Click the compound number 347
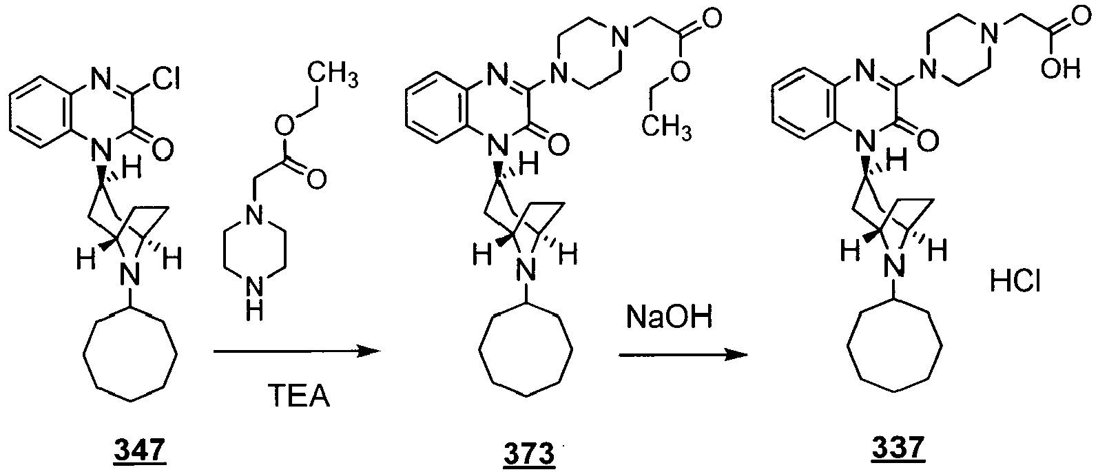click(x=141, y=450)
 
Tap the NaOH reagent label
click(x=669, y=317)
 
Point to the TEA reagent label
click(x=299, y=396)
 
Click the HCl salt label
click(x=1015, y=282)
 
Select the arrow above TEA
click(x=297, y=351)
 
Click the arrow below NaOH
click(x=683, y=354)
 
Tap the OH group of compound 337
click(x=1060, y=69)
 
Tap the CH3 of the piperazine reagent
click(x=331, y=77)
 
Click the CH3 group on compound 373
click(x=666, y=127)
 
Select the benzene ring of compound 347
click(x=40, y=112)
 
